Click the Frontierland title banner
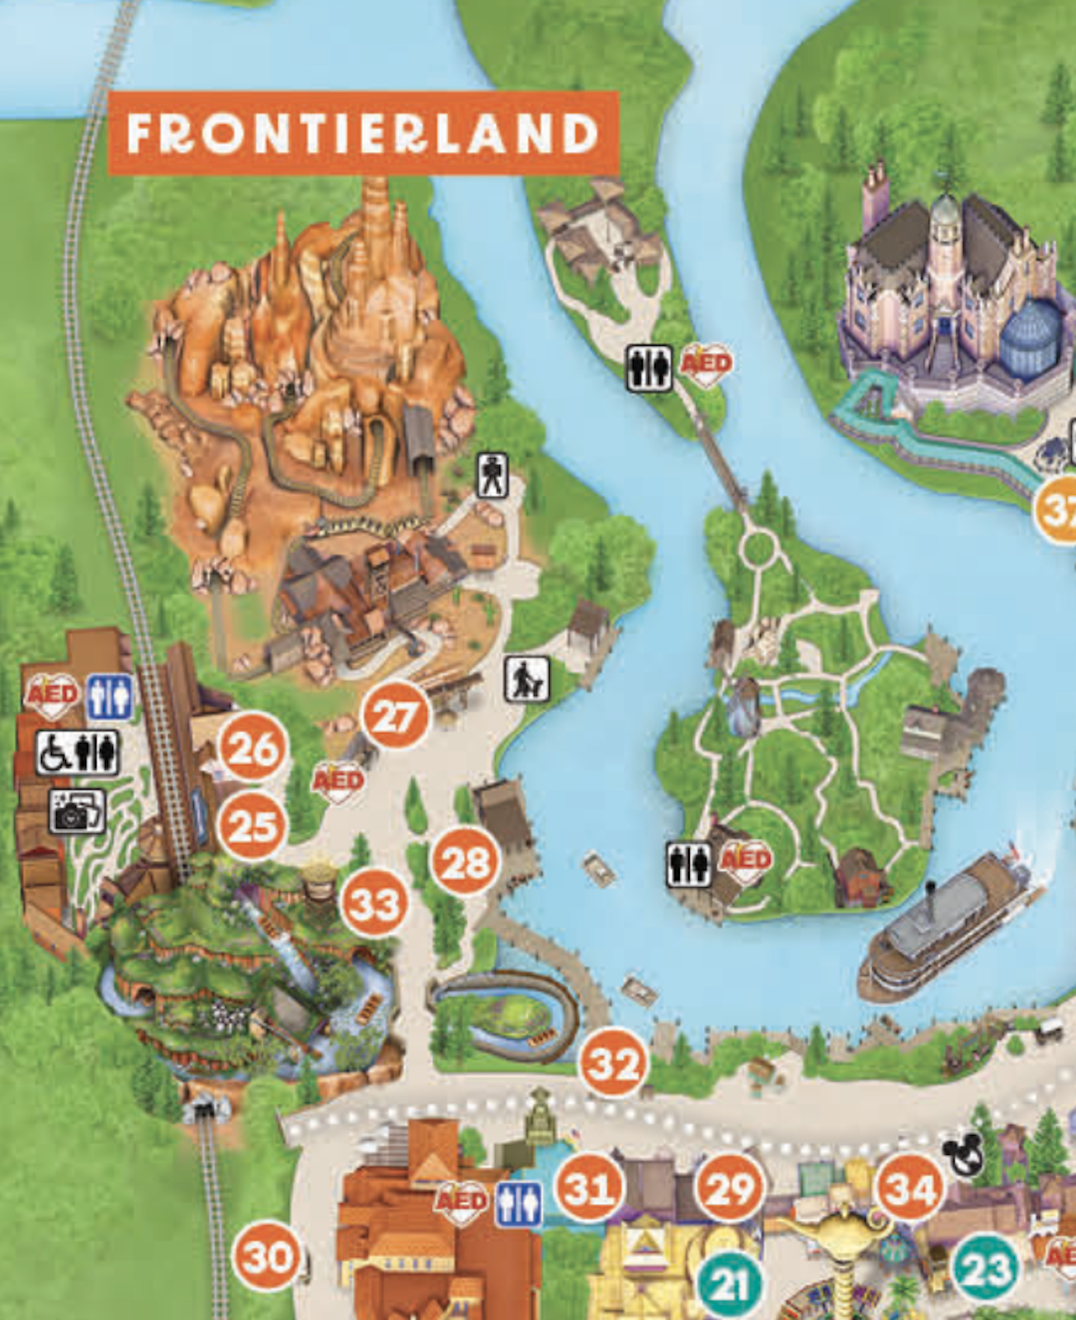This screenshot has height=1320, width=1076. (x=363, y=134)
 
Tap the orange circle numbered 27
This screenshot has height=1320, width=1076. (x=395, y=715)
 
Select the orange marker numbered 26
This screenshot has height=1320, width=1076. (x=252, y=748)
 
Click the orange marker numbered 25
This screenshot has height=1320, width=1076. (x=252, y=826)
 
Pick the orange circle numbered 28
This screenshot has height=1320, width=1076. (x=465, y=862)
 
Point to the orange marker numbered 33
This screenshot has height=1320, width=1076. (x=375, y=903)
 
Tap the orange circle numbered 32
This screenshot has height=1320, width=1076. (x=614, y=1063)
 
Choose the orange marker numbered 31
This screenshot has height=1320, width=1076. (x=589, y=1188)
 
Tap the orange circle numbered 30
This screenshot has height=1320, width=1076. (x=267, y=1256)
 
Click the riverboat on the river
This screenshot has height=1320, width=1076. (x=945, y=928)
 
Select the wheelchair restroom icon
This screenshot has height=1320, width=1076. (x=78, y=752)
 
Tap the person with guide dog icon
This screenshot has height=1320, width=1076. (x=526, y=680)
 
